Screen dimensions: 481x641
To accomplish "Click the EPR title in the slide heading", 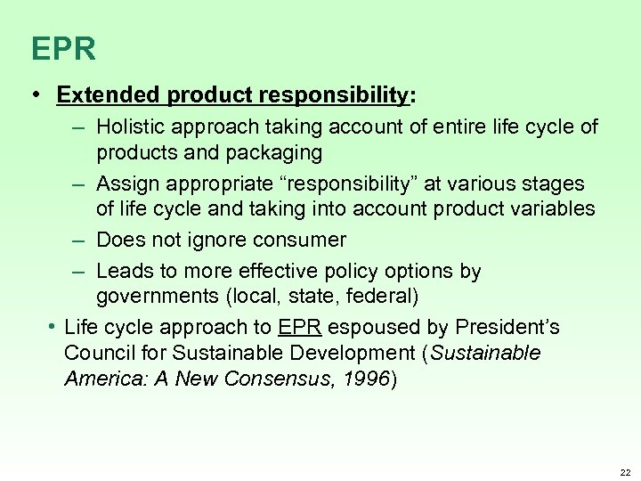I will click(x=62, y=48).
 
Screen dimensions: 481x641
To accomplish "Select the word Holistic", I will click(x=130, y=127).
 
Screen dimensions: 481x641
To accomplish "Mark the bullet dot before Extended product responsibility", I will click(x=40, y=94).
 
